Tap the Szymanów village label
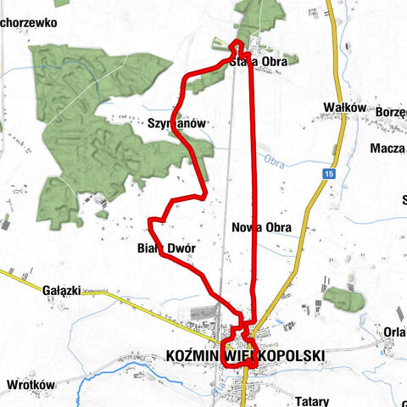tap(177, 123)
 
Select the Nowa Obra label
tap(261, 227)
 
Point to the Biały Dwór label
tap(166, 248)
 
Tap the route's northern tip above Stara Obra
tap(238, 42)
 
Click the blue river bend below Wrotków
tap(77, 392)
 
